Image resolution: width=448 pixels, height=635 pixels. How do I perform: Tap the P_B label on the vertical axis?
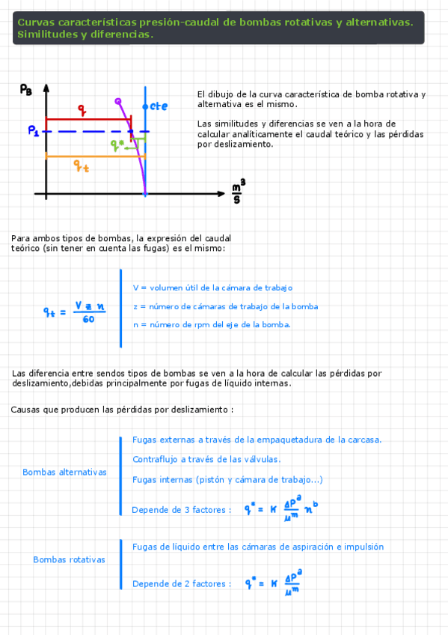[26, 90]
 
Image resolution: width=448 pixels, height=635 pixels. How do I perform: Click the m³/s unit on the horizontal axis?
[239, 193]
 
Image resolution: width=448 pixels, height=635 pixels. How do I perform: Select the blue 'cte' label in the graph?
[159, 106]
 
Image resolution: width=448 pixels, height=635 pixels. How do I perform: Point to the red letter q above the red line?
[82, 110]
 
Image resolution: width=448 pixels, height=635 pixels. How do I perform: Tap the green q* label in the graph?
[117, 144]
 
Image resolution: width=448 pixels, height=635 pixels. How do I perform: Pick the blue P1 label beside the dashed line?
[34, 130]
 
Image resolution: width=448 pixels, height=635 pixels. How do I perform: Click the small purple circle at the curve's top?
[117, 100]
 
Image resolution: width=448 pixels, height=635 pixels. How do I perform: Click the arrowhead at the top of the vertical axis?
[46, 88]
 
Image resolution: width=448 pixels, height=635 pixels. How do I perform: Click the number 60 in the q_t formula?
[88, 320]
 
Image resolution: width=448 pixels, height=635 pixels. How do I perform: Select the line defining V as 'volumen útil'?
[212, 288]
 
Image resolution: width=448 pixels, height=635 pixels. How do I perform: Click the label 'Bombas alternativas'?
[64, 473]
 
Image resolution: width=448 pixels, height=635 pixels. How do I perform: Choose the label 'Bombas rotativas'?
[69, 559]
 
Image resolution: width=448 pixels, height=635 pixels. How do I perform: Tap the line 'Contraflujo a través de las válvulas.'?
[206, 459]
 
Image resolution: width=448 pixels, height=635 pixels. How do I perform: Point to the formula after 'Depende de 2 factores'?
[273, 583]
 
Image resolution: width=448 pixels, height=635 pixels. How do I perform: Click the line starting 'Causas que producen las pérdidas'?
[122, 410]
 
